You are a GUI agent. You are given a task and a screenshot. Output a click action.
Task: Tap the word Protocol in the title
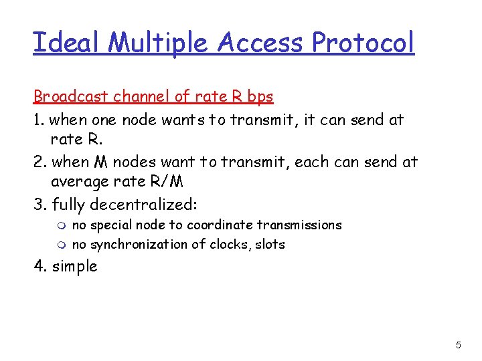tap(364, 43)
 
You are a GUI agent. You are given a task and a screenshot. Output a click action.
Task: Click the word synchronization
tap(137, 245)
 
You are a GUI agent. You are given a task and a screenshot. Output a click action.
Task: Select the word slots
tap(269, 244)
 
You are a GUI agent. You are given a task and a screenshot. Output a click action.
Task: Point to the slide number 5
tap(458, 345)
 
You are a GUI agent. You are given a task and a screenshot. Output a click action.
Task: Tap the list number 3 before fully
tap(39, 204)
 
